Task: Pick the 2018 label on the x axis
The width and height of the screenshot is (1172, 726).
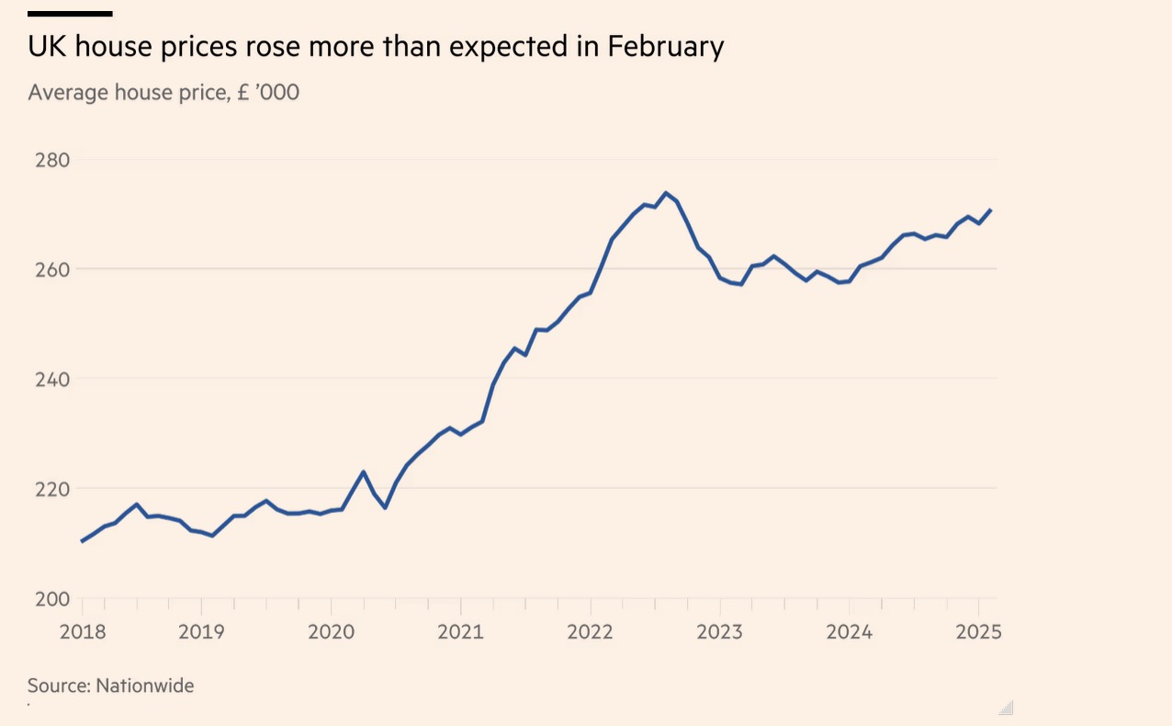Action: (x=82, y=632)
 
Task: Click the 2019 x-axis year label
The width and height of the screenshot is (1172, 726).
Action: (x=201, y=632)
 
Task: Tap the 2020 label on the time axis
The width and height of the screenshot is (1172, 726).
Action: (x=331, y=632)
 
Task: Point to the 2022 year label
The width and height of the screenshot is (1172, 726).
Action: (x=590, y=632)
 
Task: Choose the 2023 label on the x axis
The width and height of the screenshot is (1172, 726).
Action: (x=719, y=632)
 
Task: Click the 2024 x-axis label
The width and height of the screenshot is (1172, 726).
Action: (x=849, y=632)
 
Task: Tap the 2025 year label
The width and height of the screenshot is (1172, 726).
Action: (x=978, y=632)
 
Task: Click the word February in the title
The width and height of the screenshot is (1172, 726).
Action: (x=666, y=47)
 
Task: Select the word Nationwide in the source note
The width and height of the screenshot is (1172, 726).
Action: (x=145, y=686)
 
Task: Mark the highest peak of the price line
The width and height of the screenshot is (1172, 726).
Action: (x=666, y=193)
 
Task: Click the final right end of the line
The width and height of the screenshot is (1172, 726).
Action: (x=991, y=210)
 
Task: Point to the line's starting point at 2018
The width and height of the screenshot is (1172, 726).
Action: (x=82, y=541)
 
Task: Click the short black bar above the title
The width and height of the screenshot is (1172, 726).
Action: (x=70, y=14)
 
